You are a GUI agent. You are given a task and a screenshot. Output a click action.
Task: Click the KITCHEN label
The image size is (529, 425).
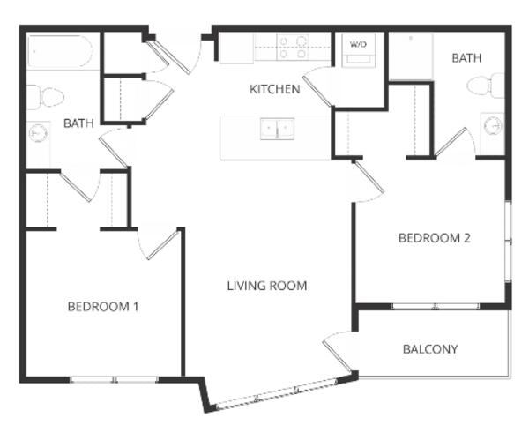[274, 89]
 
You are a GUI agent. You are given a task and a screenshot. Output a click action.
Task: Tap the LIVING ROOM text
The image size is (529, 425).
[267, 286]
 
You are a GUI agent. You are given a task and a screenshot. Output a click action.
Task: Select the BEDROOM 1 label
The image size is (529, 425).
[103, 307]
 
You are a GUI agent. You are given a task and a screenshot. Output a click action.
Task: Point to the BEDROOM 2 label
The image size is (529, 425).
[434, 238]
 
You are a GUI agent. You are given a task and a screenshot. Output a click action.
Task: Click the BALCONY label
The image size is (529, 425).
[430, 349]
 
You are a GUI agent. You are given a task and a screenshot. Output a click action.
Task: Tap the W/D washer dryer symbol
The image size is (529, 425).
[358, 50]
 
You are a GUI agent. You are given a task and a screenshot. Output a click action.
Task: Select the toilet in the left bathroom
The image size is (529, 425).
[45, 98]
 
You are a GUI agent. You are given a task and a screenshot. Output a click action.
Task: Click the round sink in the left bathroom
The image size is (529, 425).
[38, 133]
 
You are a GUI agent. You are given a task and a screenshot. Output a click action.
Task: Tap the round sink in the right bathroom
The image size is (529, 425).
[493, 126]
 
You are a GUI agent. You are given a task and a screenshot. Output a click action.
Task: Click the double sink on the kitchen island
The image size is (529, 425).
[277, 129]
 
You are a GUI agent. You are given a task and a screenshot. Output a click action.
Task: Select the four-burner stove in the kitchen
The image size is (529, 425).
[292, 47]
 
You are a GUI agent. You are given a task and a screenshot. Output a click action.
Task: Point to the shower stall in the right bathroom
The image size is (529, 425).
[411, 56]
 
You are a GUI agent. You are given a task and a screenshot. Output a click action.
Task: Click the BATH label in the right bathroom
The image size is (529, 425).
[466, 58]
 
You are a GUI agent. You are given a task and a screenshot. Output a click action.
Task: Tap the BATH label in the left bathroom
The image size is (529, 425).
[78, 123]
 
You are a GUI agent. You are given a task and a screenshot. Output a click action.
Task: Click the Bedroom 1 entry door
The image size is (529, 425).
[159, 243]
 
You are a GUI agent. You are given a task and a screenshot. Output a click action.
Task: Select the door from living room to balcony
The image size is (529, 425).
[338, 352]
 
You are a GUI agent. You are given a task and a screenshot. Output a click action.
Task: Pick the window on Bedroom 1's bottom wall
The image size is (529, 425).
[114, 379]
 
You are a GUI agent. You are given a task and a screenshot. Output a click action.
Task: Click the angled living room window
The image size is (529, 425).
[277, 393]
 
